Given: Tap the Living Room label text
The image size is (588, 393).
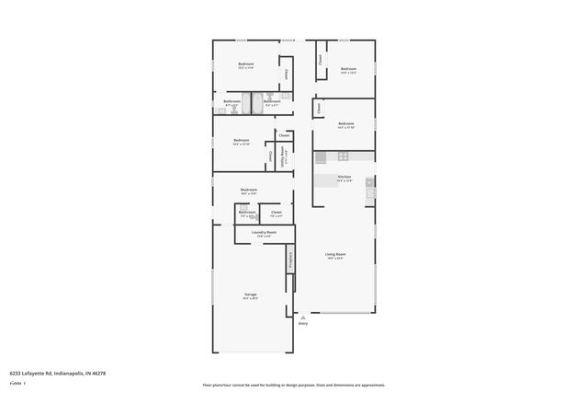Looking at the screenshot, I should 334,253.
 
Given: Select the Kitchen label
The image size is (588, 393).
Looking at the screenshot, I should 345,176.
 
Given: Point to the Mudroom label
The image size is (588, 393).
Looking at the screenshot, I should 248,190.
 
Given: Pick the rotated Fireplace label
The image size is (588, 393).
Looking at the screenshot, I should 289,260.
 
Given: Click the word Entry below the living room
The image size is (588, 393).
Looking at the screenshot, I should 303,323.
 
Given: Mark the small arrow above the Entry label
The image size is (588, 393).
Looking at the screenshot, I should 303,316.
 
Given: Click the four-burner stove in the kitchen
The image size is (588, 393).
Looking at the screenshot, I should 368,182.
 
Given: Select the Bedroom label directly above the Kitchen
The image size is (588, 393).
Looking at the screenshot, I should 345,123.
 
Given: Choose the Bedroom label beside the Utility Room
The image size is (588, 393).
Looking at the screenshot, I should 242,140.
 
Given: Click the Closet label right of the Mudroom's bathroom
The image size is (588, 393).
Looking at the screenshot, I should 276,213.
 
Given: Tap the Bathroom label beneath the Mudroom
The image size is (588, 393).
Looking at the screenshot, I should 247,213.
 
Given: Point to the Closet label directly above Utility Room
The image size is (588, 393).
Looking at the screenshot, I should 285,135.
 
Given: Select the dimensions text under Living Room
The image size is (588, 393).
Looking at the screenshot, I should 334,258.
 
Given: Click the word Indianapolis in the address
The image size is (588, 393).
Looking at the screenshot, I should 73,374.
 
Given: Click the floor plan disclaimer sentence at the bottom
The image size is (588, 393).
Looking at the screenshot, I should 294,385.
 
